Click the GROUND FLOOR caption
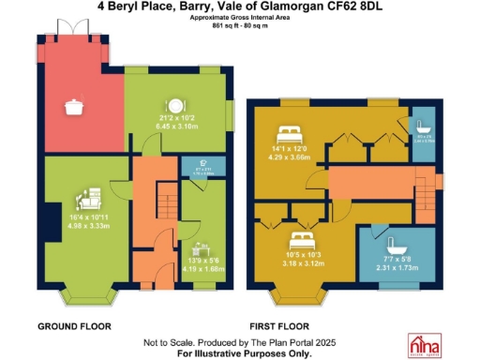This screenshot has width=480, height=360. pyautogui.click(x=74, y=326)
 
